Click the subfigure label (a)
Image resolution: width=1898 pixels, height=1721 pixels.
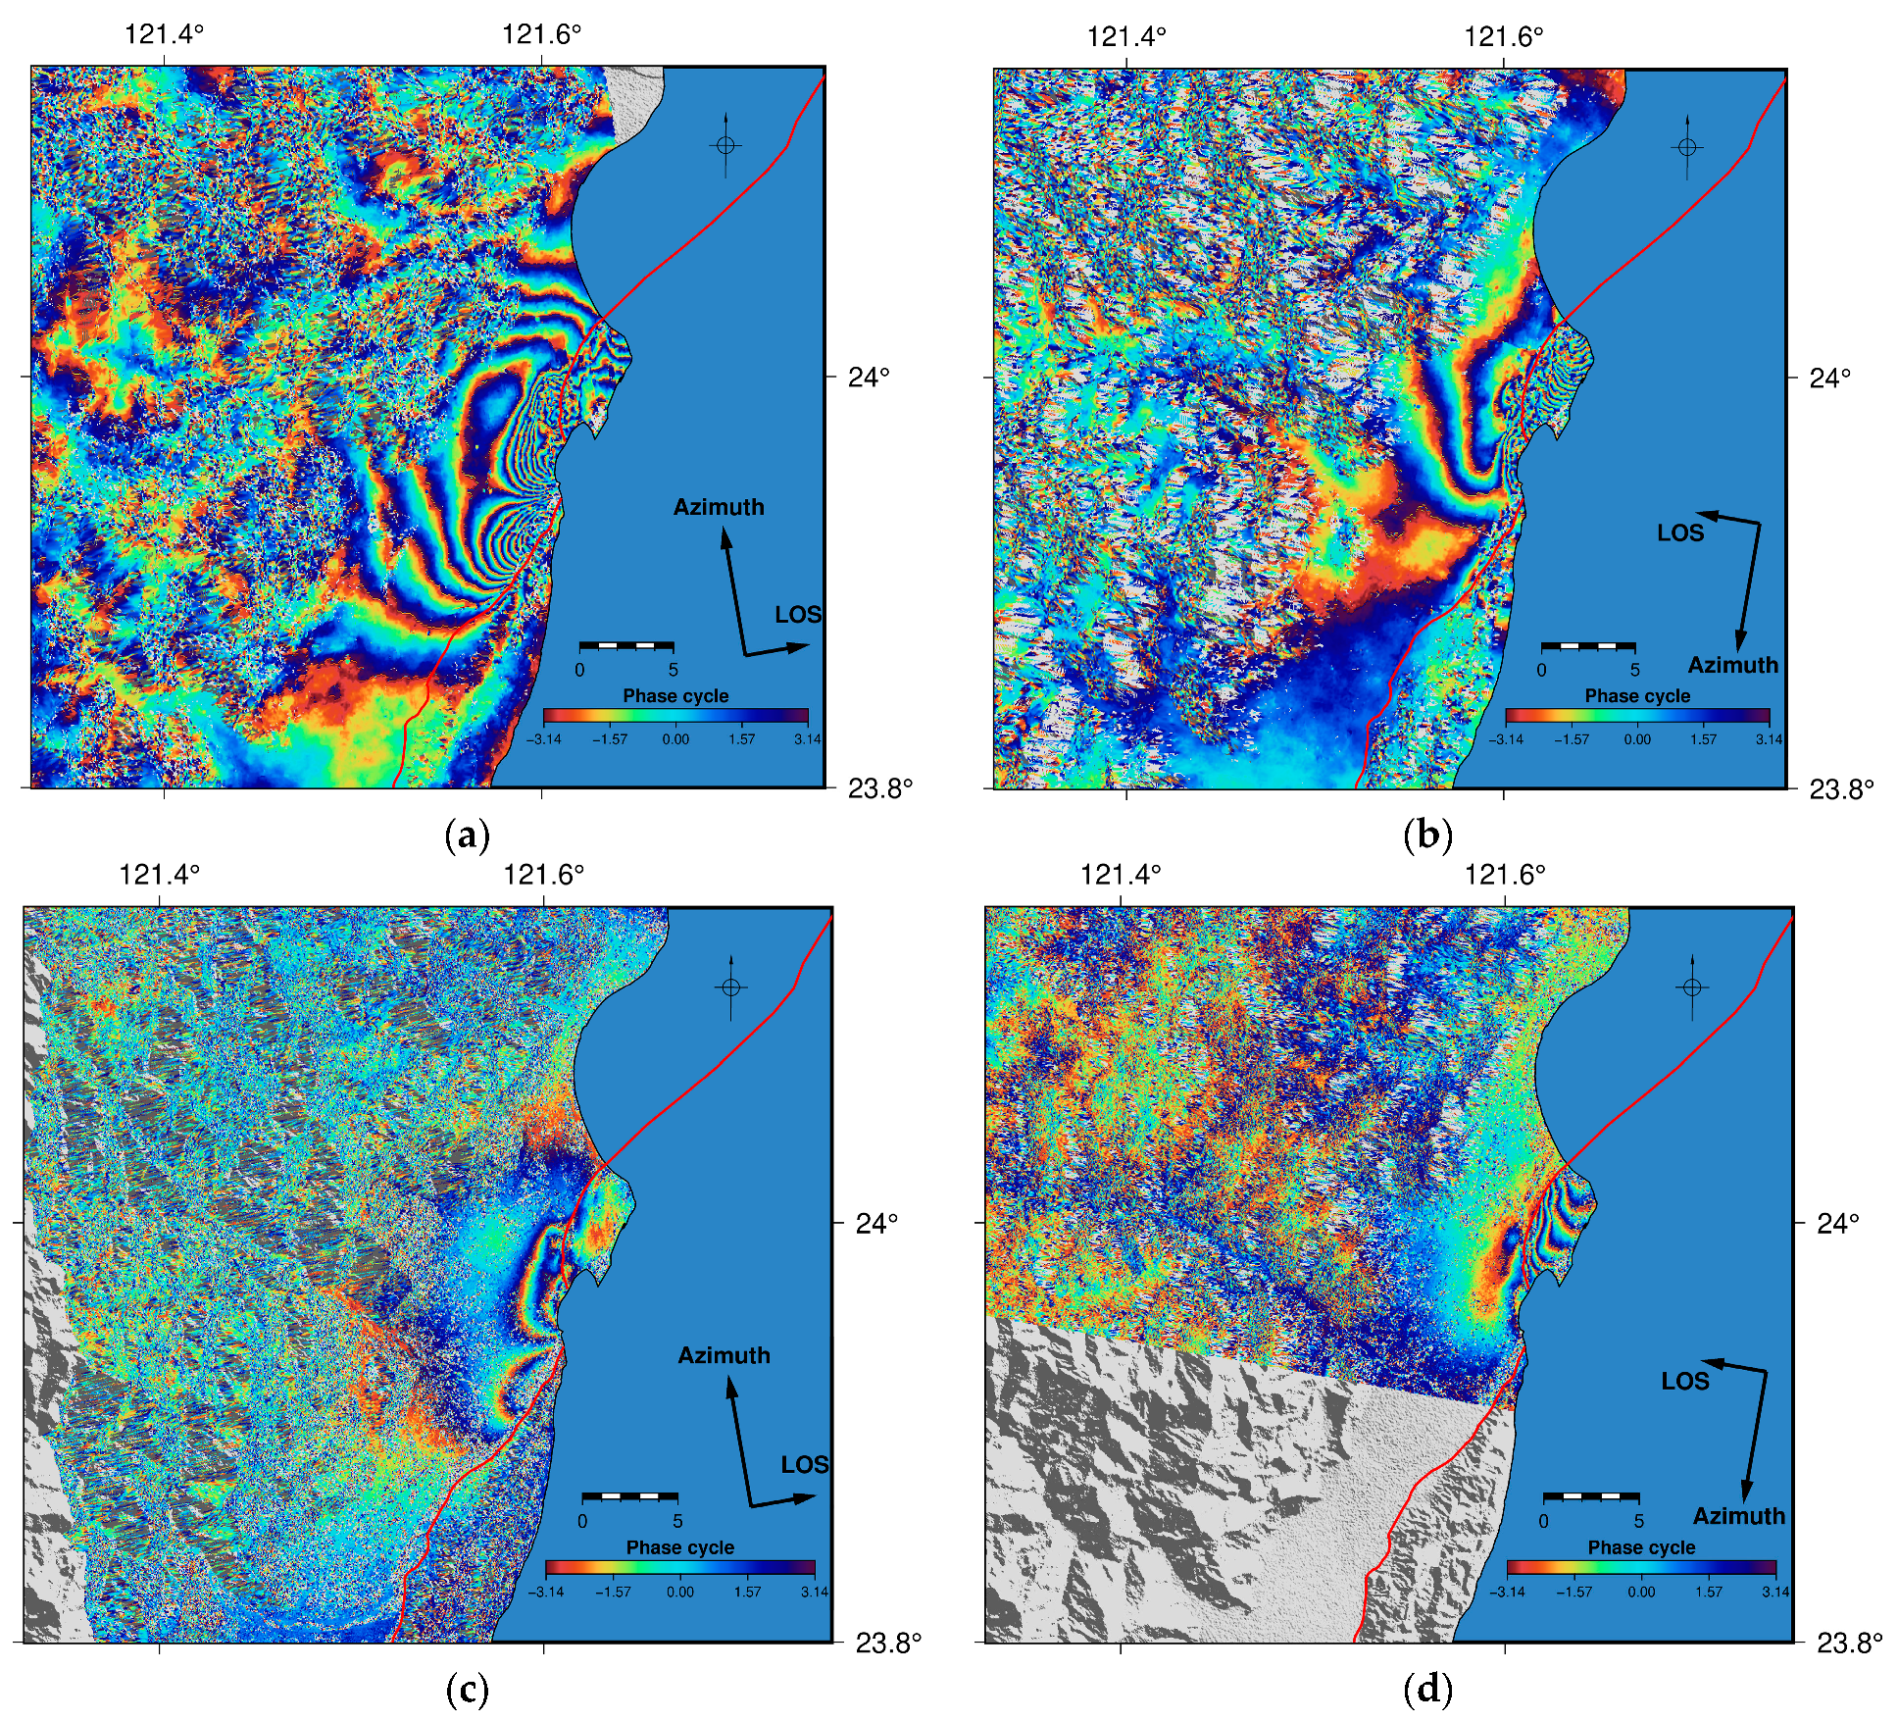click(x=467, y=835)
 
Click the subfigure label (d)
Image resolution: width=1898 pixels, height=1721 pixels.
click(x=1427, y=1689)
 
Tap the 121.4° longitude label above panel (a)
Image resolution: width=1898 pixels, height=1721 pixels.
click(x=164, y=34)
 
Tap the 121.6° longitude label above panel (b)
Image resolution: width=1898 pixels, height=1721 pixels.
click(x=1503, y=37)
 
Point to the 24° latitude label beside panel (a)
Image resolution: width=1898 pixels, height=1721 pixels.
click(x=869, y=377)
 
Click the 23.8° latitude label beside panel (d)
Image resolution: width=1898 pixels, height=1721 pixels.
click(x=1849, y=1644)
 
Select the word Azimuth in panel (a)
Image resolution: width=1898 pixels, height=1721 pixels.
click(x=719, y=507)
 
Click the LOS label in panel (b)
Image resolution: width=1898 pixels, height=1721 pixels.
click(x=1680, y=533)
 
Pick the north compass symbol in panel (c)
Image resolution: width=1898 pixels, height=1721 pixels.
click(x=731, y=987)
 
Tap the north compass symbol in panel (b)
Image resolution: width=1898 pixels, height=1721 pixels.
click(x=1687, y=147)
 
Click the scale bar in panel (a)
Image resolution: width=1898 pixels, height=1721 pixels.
click(x=626, y=645)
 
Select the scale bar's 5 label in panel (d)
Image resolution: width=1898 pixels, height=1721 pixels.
click(x=1638, y=1521)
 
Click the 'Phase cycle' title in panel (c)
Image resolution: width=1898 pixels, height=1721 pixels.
click(x=679, y=1547)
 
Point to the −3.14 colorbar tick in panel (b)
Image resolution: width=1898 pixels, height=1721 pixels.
click(x=1506, y=739)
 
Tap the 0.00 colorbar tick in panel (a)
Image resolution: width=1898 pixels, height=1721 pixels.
click(x=675, y=739)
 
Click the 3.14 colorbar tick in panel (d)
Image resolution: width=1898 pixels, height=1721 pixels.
click(x=1775, y=1592)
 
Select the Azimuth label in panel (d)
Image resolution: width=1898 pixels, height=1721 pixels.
click(x=1738, y=1516)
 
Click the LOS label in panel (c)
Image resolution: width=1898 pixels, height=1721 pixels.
click(x=805, y=1465)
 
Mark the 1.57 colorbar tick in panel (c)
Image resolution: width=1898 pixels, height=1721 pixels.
click(x=747, y=1592)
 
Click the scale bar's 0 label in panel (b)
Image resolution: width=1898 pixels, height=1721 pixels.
click(x=1541, y=670)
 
